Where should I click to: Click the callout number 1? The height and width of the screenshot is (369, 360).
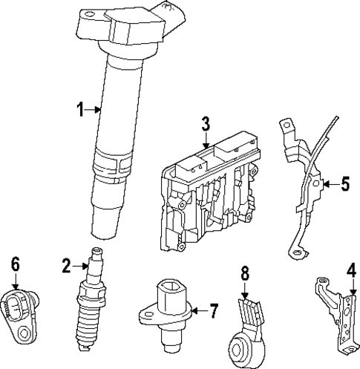(x=81, y=111)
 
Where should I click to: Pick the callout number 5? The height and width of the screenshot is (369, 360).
(x=344, y=183)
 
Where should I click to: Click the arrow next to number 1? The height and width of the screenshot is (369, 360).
(x=94, y=111)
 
